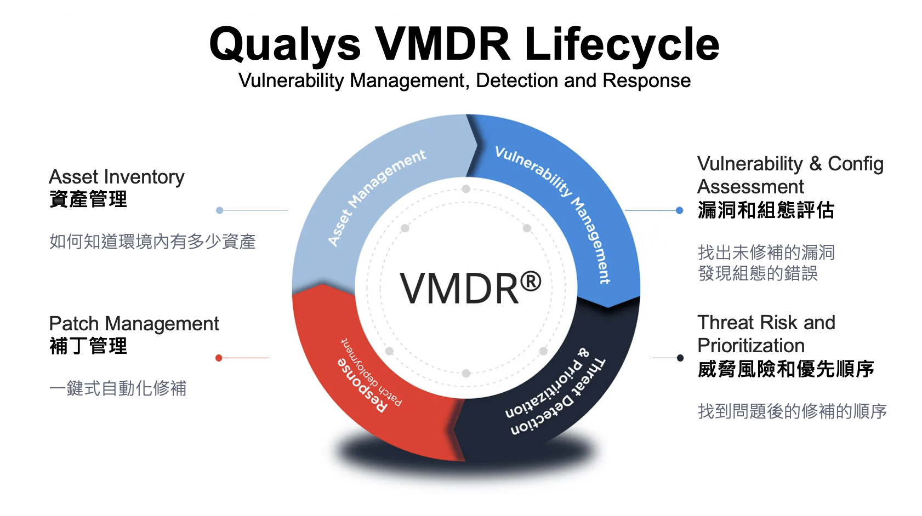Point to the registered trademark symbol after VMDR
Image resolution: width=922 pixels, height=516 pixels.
coord(531,282)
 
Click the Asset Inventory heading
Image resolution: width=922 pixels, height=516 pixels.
coord(117,177)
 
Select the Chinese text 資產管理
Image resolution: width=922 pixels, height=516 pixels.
coord(88,199)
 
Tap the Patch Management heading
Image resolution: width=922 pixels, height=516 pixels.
coord(134,324)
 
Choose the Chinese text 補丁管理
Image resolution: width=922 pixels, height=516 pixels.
coord(88,346)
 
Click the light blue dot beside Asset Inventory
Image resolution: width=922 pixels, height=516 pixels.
coord(219,210)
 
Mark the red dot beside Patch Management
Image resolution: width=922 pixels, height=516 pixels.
coord(219,358)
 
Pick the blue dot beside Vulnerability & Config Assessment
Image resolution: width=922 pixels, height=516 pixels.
coord(680,210)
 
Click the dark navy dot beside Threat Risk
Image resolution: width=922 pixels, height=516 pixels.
coord(680,358)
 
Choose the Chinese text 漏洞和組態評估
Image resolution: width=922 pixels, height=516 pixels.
coord(766,210)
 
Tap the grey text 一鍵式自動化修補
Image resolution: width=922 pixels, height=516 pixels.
coord(118,388)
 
